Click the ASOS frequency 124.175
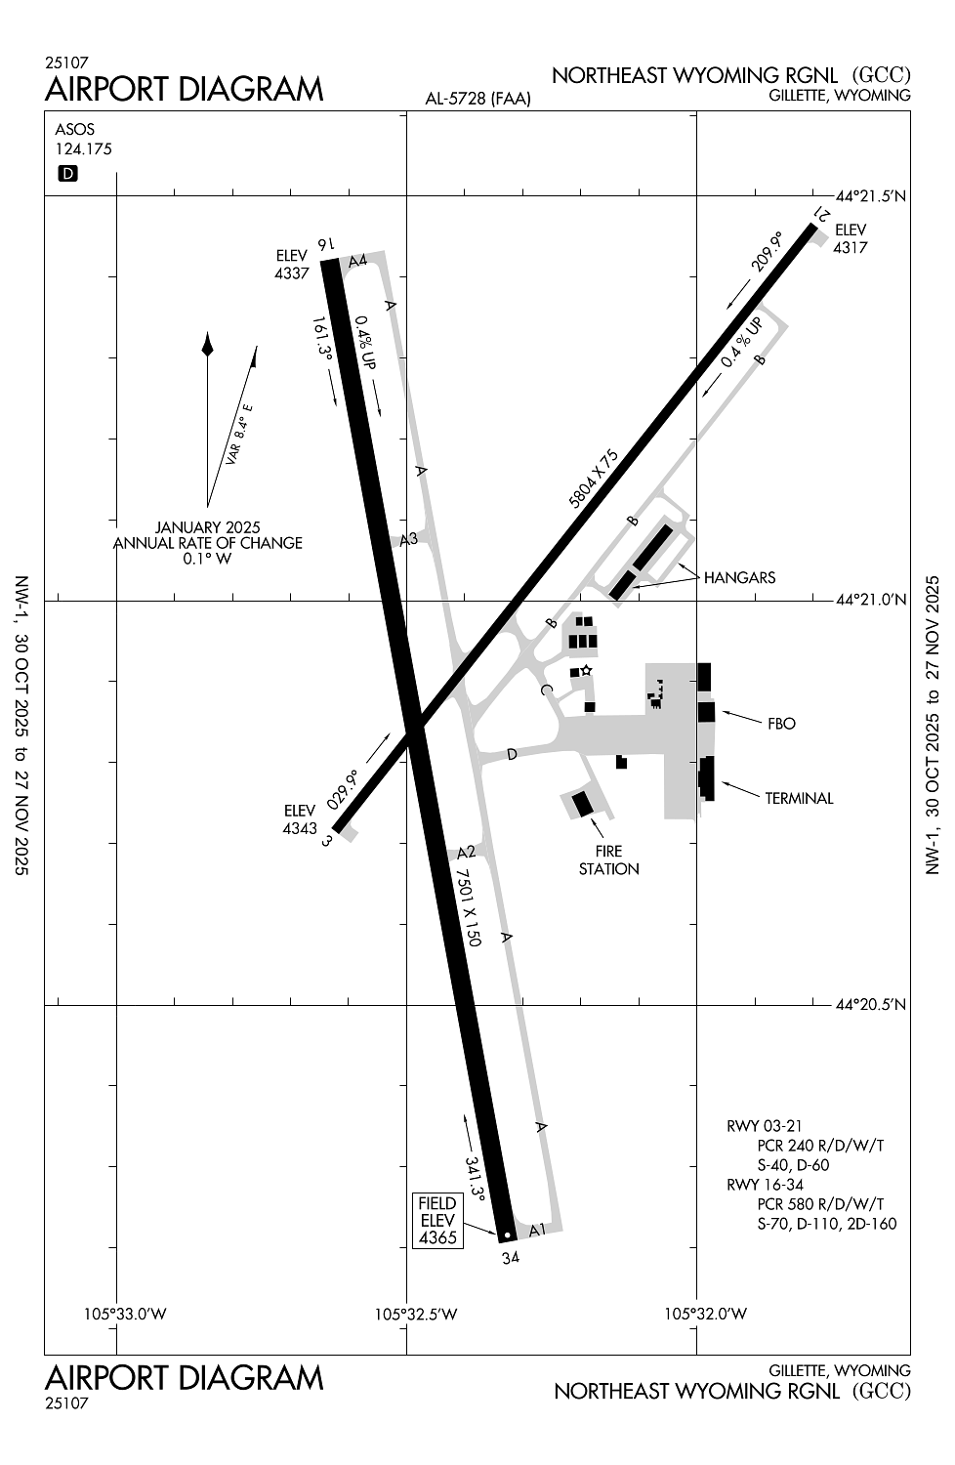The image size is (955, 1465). (84, 149)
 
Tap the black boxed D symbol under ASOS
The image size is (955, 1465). (68, 174)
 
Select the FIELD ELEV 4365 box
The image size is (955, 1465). (437, 1220)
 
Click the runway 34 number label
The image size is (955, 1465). (511, 1258)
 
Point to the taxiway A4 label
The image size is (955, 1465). (357, 260)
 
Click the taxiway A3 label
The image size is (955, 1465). (409, 539)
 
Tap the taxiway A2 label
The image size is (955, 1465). (466, 852)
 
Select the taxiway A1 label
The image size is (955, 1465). (537, 1231)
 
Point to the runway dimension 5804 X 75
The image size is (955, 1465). (594, 480)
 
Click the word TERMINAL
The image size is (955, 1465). (799, 799)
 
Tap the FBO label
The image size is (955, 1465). (781, 724)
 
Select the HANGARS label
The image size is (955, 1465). (739, 577)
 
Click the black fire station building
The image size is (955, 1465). (583, 804)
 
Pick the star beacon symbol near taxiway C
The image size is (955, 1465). (586, 670)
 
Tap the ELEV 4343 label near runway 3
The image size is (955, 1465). (300, 819)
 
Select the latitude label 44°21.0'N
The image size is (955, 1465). (872, 601)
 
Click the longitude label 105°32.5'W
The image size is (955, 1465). (416, 1314)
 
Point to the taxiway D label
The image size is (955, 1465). (511, 754)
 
